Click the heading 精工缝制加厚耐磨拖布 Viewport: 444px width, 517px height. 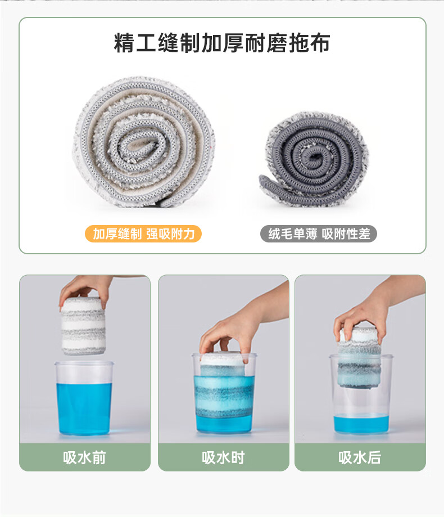click(221, 43)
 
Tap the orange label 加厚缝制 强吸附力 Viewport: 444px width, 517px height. click(143, 234)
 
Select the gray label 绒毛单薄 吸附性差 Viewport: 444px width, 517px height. click(319, 234)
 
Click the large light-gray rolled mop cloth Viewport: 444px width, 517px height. click(144, 142)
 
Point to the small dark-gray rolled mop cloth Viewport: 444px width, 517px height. click(314, 160)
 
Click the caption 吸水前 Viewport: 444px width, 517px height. click(85, 458)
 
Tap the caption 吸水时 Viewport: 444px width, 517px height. click(223, 458)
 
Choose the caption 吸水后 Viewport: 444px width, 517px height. click(360, 458)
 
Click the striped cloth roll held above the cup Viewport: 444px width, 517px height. click(83, 326)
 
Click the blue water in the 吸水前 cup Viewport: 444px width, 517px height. click(84, 409)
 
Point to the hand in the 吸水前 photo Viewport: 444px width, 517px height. click(87, 290)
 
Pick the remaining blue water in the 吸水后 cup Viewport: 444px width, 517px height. click(361, 424)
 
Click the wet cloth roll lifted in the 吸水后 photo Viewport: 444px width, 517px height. click(359, 358)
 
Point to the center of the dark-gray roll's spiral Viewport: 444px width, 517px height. click(315, 156)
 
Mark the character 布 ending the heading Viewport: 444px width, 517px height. click(320, 43)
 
